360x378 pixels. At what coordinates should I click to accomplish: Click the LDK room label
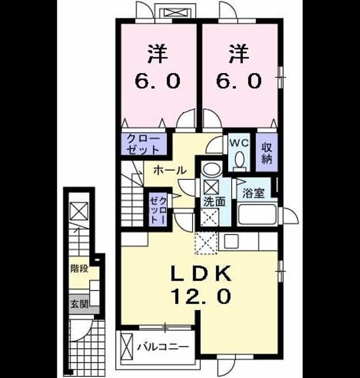(x=201, y=273)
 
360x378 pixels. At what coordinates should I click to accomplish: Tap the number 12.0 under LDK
(x=201, y=296)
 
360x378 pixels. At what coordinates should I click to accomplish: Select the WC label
(x=239, y=143)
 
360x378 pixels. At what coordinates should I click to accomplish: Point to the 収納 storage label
(x=267, y=153)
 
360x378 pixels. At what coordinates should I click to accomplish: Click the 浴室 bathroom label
(x=253, y=193)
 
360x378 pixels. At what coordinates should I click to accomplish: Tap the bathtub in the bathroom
(x=257, y=214)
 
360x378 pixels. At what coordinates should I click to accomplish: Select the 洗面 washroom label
(x=215, y=201)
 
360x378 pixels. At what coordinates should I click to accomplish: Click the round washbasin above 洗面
(x=212, y=169)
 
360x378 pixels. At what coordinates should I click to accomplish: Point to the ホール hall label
(x=170, y=171)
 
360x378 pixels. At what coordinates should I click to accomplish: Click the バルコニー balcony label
(x=163, y=347)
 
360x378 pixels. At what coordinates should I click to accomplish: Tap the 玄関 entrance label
(x=79, y=304)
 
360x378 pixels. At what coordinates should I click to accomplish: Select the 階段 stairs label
(x=79, y=268)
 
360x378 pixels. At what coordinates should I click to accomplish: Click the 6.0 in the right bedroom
(x=239, y=80)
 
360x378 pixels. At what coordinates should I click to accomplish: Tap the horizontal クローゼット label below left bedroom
(x=143, y=145)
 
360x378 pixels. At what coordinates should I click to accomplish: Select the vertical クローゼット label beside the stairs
(x=158, y=210)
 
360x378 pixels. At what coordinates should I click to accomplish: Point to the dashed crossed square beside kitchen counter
(x=206, y=243)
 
